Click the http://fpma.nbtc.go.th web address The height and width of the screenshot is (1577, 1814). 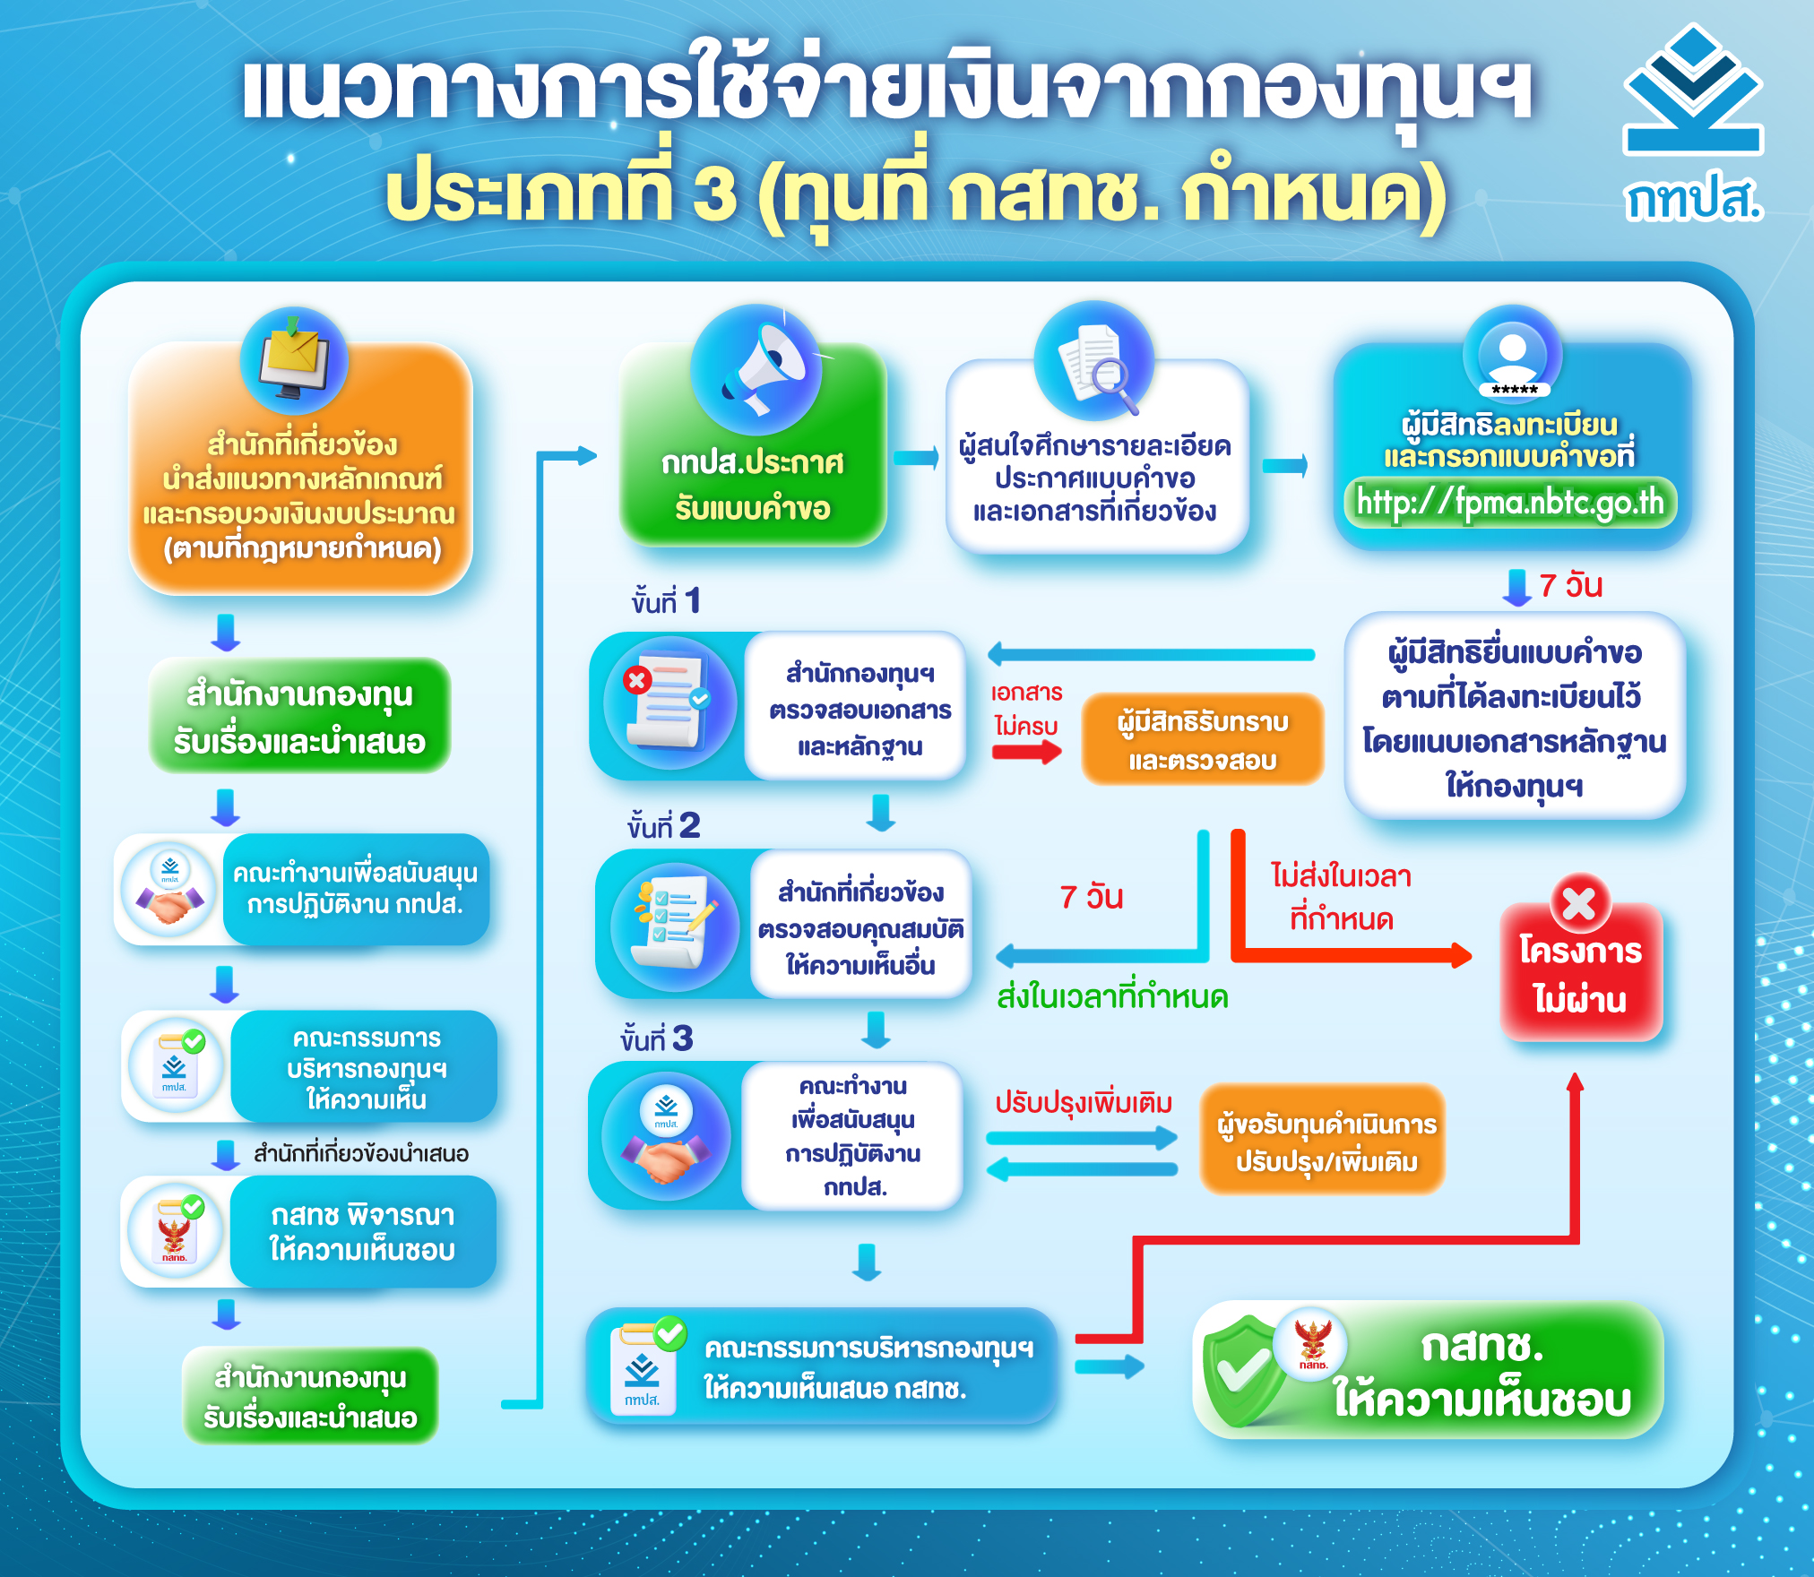pos(1510,503)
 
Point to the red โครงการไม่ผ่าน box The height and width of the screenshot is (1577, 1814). pos(1581,971)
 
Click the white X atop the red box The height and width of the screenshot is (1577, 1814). pos(1579,902)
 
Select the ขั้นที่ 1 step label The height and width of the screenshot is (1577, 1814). pos(666,600)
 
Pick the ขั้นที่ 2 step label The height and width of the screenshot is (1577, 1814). pos(664,825)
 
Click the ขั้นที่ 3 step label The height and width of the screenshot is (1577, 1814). pos(657,1038)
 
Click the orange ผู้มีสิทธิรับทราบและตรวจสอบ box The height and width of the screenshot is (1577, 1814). pos(1203,739)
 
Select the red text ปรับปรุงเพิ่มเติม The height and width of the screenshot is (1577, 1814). pos(1084,1102)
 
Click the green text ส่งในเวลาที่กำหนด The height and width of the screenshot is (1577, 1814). pos(1112,996)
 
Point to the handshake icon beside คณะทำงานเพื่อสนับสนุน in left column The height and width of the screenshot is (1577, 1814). pos(169,890)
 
